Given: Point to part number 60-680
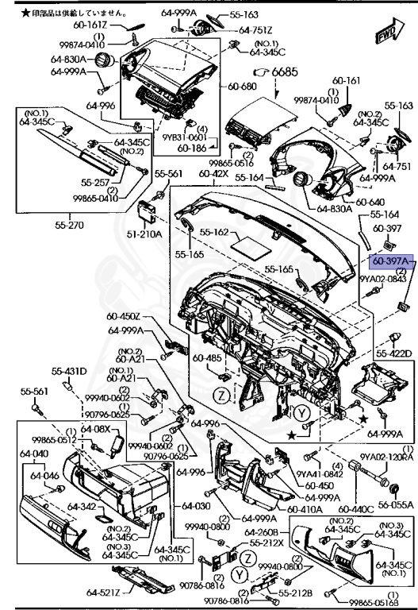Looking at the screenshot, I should click(240, 87).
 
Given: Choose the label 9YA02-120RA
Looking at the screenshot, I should click(387, 457).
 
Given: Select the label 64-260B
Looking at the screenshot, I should click(261, 531).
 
